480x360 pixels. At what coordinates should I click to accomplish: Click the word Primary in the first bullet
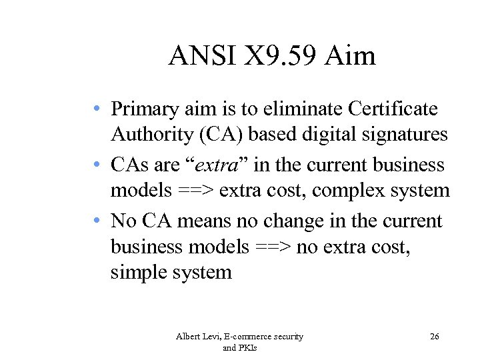[x=143, y=108]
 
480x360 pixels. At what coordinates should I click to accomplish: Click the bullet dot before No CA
[x=98, y=220]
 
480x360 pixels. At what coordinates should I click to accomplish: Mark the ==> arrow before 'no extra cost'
[x=273, y=247]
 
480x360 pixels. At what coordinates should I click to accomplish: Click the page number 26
[x=435, y=337]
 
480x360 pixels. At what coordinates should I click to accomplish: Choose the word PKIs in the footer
[x=249, y=347]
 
